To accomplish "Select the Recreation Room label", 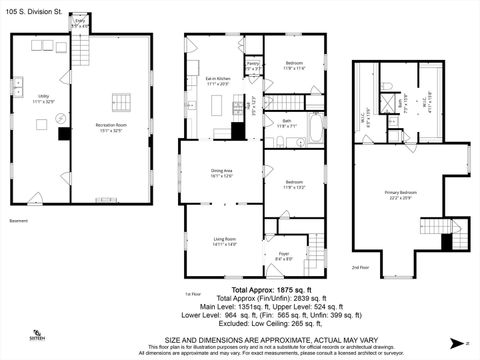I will (117, 127).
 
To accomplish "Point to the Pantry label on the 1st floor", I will (254, 67).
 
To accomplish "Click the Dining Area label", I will (222, 173).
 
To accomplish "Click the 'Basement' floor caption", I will (19, 220).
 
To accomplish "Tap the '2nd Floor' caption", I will (361, 267).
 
